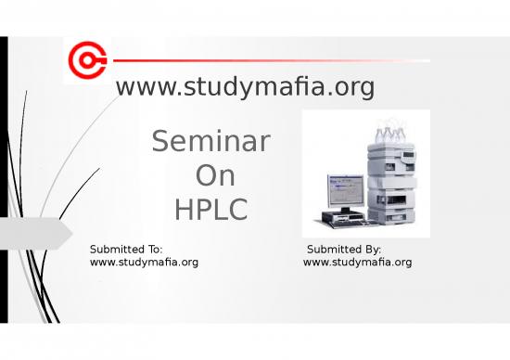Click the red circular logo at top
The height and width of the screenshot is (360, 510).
[86, 61]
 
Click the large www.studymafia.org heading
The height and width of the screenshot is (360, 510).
[245, 87]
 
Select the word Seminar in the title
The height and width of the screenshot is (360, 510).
[210, 142]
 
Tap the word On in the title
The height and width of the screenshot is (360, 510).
[215, 176]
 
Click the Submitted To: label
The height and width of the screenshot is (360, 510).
[126, 250]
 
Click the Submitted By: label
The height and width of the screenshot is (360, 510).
[344, 250]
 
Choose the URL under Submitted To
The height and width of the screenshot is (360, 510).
[144, 263]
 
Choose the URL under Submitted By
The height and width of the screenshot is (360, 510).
[358, 263]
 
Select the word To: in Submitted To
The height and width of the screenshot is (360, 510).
[154, 250]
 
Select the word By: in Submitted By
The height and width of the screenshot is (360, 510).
[372, 250]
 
